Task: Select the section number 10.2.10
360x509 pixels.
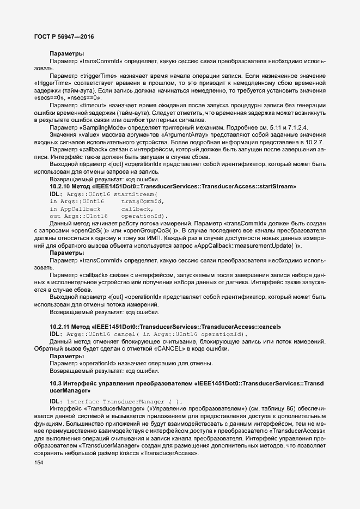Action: pos(60,186)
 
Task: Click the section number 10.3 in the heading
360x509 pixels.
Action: pos(56,384)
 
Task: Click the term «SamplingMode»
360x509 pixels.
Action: pos(105,128)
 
